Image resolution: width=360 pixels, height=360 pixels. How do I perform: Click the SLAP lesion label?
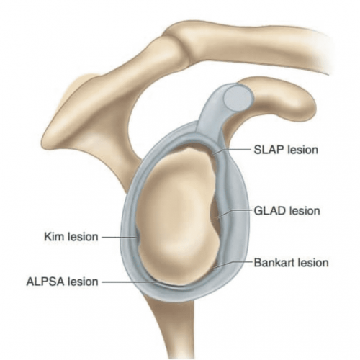286,150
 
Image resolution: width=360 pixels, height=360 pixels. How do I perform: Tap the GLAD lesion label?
287,211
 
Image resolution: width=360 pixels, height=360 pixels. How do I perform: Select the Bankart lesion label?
291,263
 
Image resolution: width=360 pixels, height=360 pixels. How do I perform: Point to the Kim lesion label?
71,237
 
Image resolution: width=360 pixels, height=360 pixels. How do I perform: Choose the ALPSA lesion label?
63,282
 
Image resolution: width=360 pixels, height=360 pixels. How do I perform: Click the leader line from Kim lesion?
120,238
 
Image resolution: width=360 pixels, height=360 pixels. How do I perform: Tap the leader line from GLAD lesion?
234,211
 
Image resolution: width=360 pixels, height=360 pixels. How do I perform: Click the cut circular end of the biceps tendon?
238,98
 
